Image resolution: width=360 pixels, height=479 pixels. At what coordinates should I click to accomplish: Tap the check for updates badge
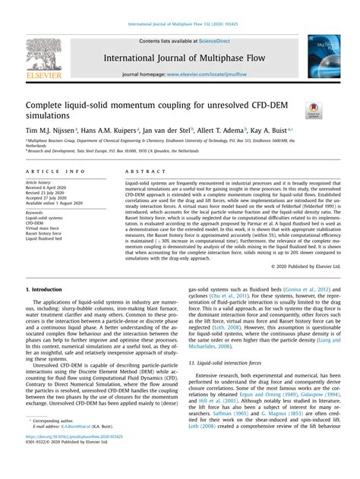click(x=312, y=111)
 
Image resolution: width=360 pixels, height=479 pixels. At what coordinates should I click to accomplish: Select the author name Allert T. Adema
click(x=224, y=131)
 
